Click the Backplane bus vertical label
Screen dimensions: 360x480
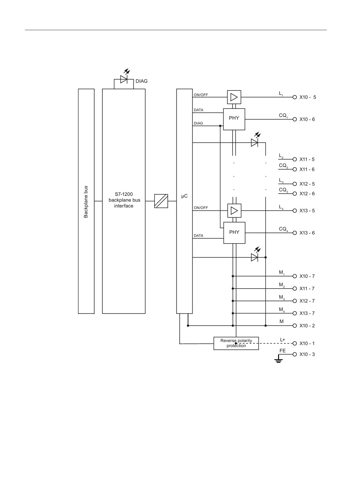86,202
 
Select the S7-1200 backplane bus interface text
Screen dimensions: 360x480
124,200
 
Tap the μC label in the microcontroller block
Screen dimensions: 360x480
184,196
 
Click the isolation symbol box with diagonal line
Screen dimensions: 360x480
161,201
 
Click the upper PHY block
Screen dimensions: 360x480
234,119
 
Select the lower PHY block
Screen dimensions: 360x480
234,233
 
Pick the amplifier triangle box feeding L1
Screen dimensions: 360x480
234,97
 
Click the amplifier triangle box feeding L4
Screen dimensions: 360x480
234,211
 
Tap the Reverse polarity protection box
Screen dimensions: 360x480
236,343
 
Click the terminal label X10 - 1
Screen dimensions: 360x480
307,343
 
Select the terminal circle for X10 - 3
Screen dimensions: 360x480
295,354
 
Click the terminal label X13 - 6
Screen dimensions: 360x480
307,233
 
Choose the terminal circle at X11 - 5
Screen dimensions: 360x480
295,159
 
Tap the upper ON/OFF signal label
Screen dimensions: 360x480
201,95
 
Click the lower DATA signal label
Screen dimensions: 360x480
198,236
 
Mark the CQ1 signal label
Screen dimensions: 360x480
283,116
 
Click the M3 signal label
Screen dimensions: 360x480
282,298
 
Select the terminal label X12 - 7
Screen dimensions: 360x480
307,301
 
